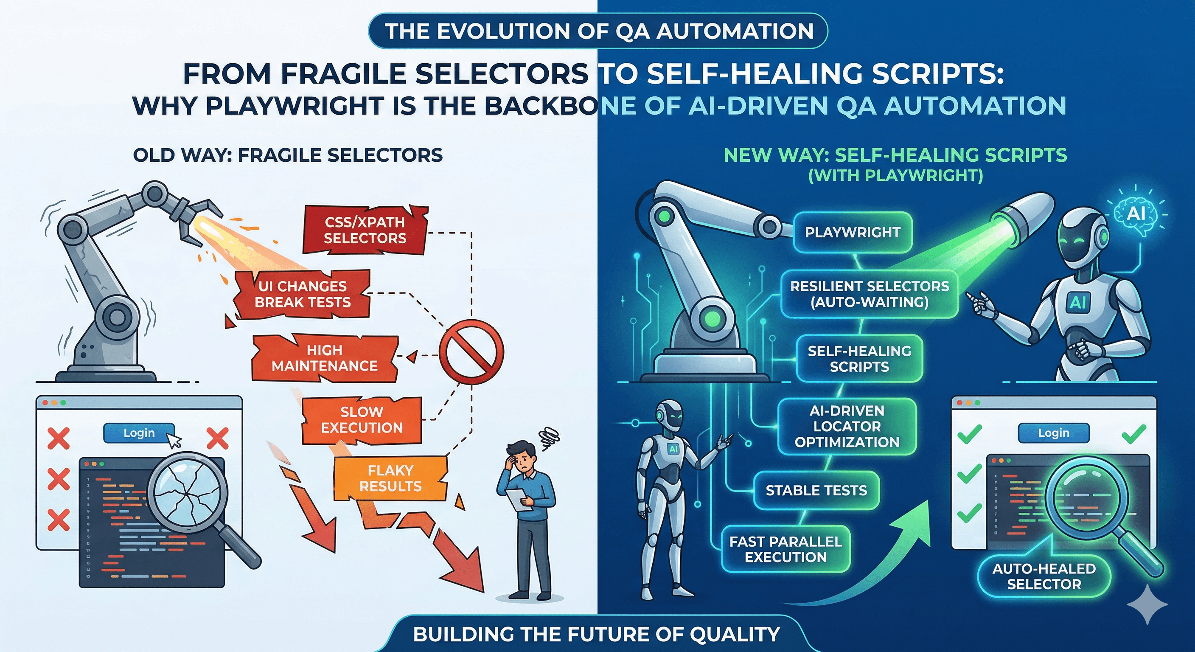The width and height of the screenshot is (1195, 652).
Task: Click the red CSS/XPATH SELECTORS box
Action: (x=365, y=230)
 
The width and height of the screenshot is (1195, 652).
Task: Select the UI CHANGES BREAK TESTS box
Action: (x=303, y=294)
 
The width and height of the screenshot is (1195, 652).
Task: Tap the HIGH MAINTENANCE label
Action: (x=325, y=358)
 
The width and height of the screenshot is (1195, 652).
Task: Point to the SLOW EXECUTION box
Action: (x=362, y=419)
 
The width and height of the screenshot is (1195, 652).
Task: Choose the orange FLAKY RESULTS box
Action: (x=390, y=478)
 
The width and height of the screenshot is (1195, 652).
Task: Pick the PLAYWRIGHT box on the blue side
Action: (x=853, y=233)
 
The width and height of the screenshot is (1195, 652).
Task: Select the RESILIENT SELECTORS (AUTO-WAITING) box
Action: (x=870, y=294)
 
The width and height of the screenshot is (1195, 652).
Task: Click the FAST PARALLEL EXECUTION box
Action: (x=785, y=549)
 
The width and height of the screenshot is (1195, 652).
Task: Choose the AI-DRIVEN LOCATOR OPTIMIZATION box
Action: (x=847, y=426)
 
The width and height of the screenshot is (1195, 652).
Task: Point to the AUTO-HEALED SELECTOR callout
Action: (x=1044, y=576)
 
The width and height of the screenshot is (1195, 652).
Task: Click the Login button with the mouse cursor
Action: (x=139, y=433)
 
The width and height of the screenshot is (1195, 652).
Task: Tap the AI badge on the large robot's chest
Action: (x=1077, y=303)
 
